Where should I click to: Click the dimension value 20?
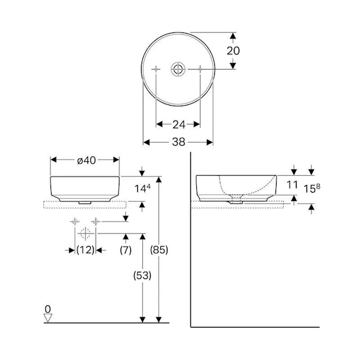[x=233, y=51]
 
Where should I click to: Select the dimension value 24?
[x=179, y=125]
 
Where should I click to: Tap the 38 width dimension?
[x=179, y=142]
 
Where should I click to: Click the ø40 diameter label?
[x=86, y=160]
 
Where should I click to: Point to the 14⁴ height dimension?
[x=142, y=188]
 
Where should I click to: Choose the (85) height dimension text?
[x=159, y=250]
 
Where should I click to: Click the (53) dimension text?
[x=142, y=275]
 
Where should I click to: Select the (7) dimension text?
[x=125, y=250]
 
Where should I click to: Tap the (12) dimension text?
[x=85, y=250]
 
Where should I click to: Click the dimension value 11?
[x=292, y=185]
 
